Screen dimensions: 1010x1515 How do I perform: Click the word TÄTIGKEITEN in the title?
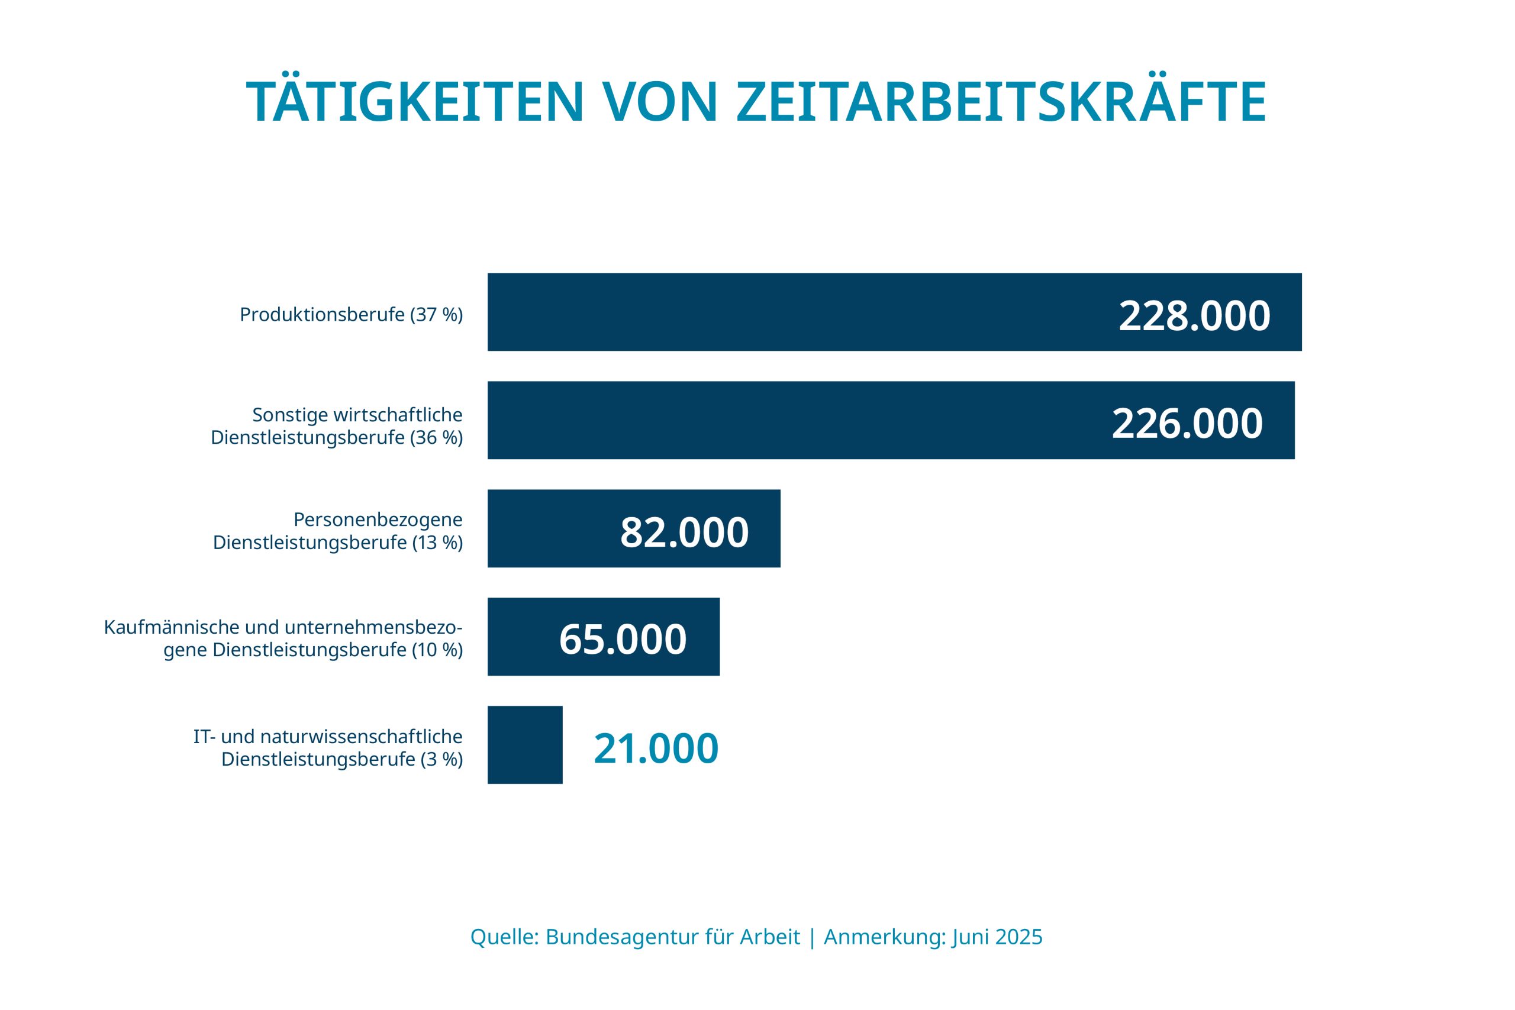415,102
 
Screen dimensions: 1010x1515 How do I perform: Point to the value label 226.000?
1187,424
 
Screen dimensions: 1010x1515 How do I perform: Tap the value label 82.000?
684,533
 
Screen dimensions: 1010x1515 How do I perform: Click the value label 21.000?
656,748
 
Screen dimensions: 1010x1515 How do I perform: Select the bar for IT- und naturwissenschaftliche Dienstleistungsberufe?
525,744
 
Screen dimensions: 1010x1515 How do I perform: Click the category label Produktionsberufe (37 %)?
351,314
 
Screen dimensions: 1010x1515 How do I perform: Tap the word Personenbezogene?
378,519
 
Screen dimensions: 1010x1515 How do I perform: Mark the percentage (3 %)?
441,760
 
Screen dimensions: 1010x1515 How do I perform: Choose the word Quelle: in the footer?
504,937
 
